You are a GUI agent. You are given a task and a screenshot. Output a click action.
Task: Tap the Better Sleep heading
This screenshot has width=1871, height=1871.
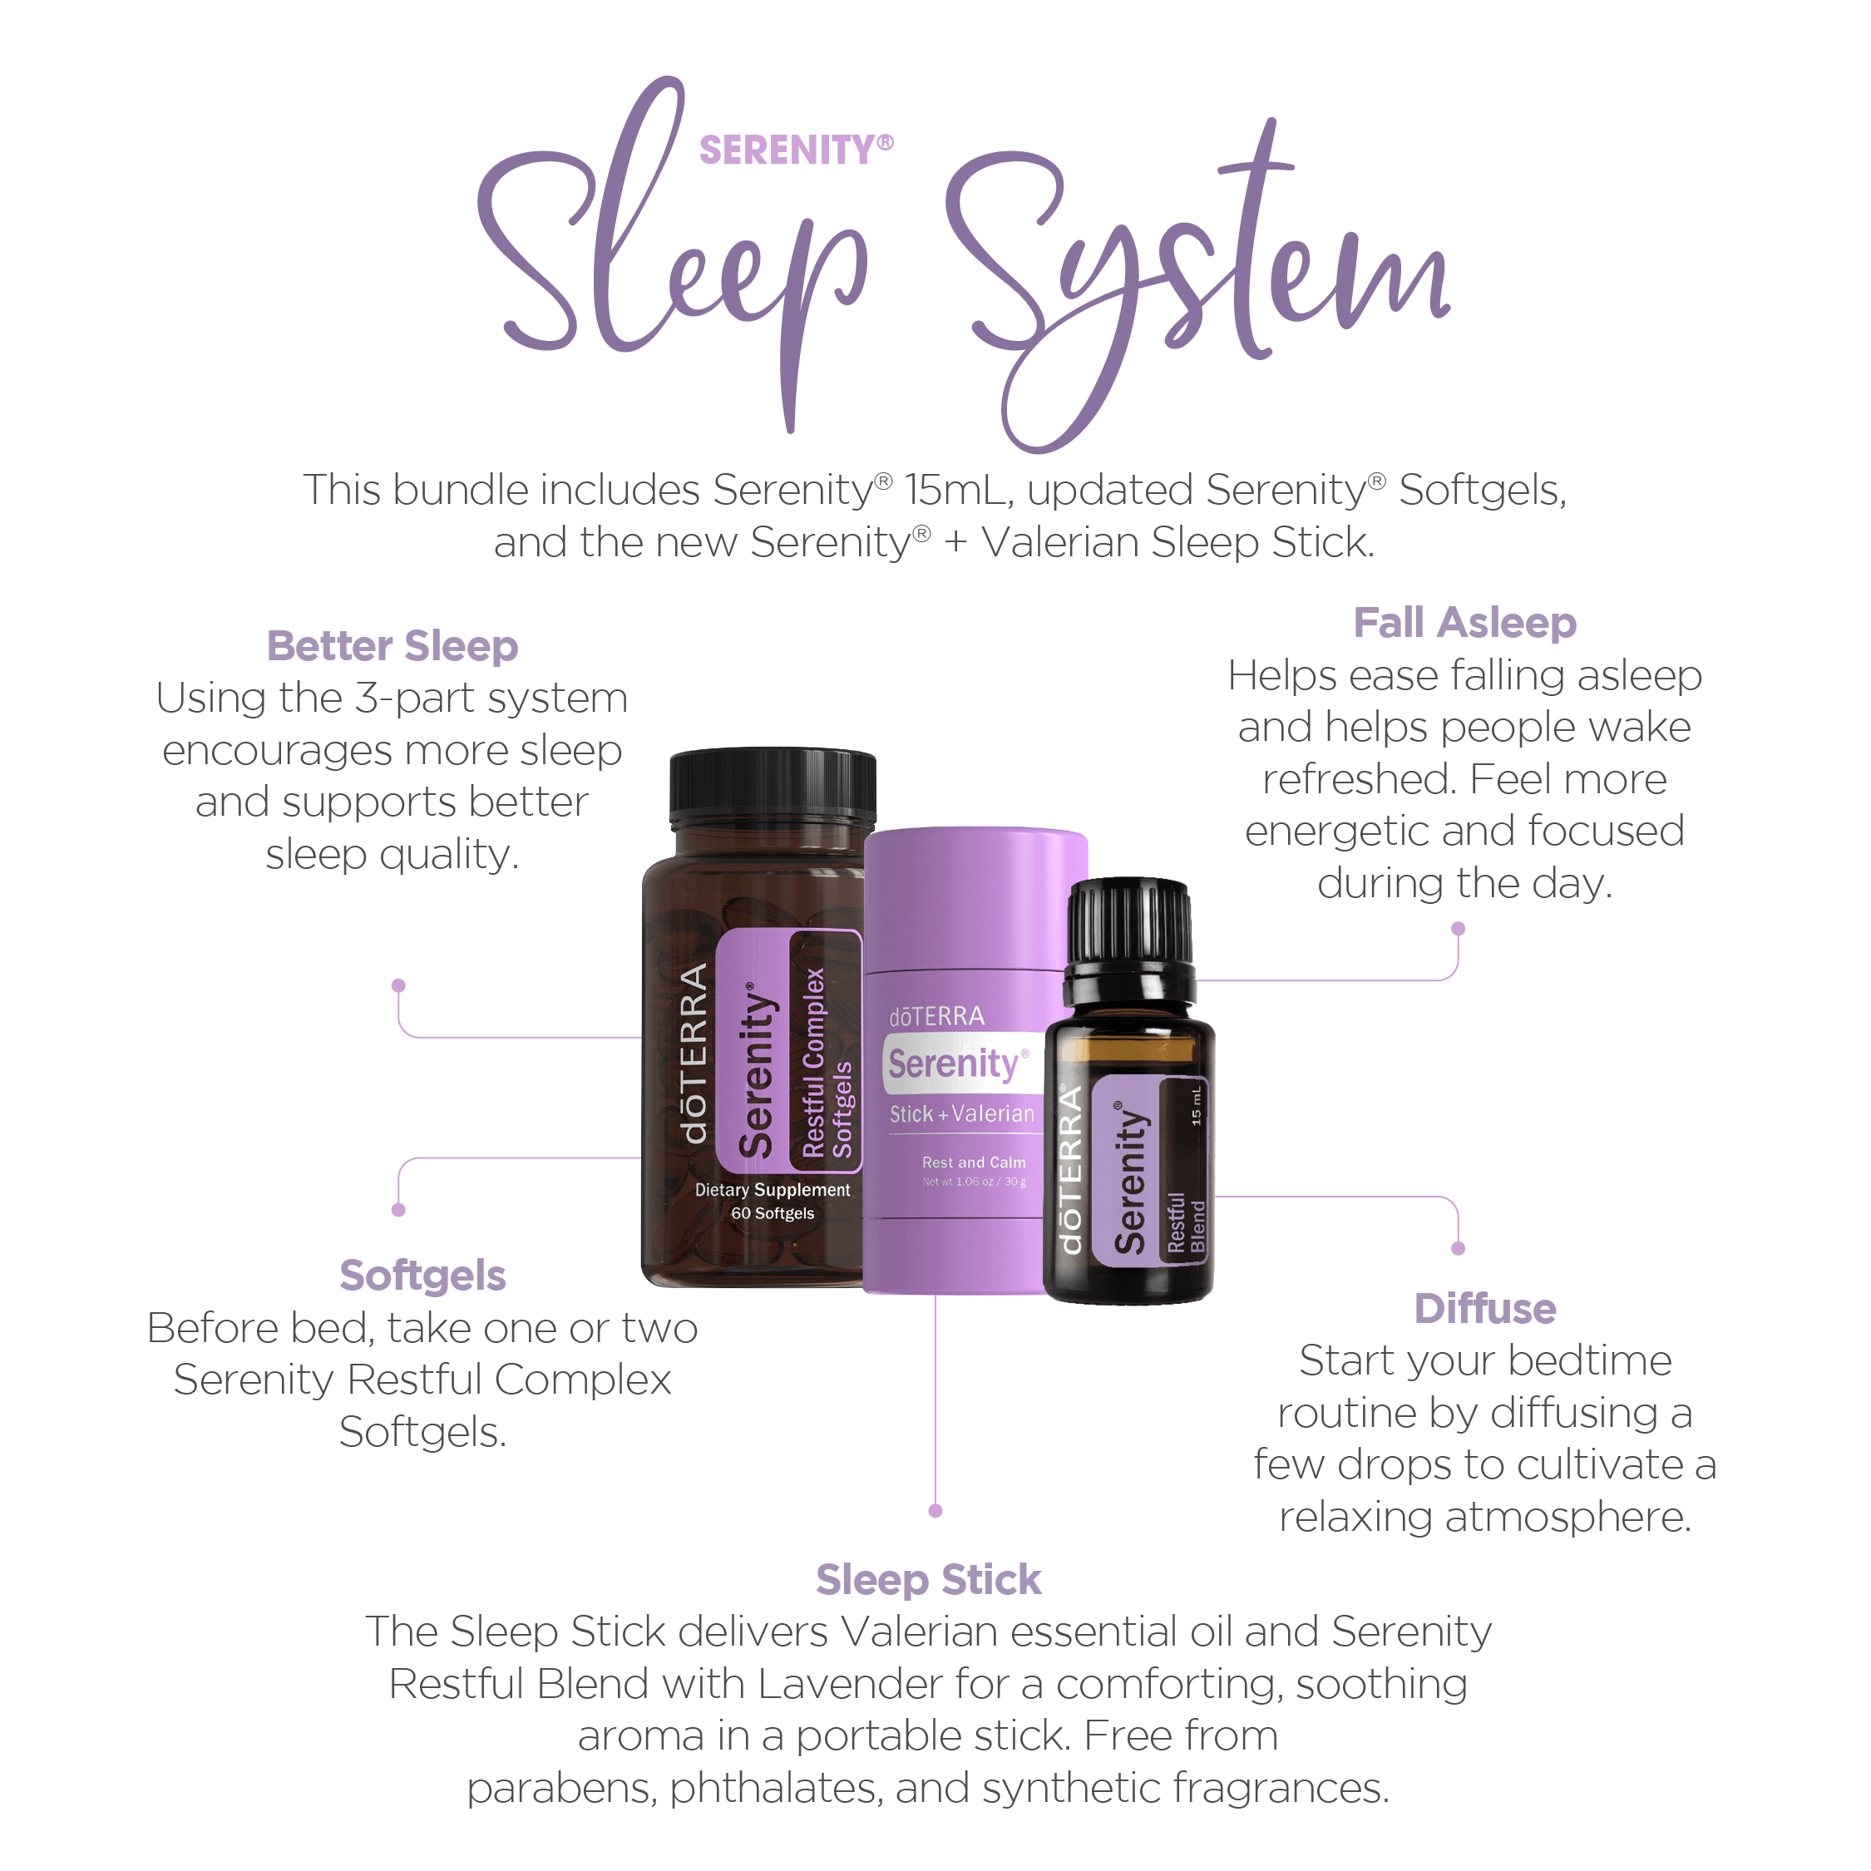pos(392,646)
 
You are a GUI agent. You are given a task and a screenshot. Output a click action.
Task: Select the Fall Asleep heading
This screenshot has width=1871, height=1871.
pos(1464,623)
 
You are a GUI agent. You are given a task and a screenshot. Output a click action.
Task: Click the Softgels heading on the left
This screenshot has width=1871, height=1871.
pos(422,1276)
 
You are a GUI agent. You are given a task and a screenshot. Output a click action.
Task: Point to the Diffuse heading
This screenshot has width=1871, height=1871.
pos(1484,1308)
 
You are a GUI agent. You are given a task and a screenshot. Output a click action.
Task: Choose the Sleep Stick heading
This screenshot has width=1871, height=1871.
pos(928,1579)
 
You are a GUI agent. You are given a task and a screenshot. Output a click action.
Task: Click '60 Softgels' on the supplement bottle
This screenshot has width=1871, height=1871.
pos(773,1213)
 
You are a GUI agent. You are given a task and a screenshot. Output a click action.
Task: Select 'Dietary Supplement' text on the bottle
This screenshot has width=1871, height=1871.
pos(773,1190)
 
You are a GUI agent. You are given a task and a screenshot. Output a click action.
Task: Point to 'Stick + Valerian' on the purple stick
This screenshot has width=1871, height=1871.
pos(961,1113)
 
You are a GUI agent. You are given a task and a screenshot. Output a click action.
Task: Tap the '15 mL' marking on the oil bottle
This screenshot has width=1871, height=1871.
pos(1196,1105)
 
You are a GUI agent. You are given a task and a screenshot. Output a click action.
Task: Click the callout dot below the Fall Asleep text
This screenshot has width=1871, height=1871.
pos(1459,929)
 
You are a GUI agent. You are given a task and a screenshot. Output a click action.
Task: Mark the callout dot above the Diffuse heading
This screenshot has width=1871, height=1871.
pos(1459,1248)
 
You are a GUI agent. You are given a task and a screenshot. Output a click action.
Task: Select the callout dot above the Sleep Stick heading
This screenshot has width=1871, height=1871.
pos(935,1511)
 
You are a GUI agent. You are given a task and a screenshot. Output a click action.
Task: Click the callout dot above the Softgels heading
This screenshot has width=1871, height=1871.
pos(398,1210)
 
